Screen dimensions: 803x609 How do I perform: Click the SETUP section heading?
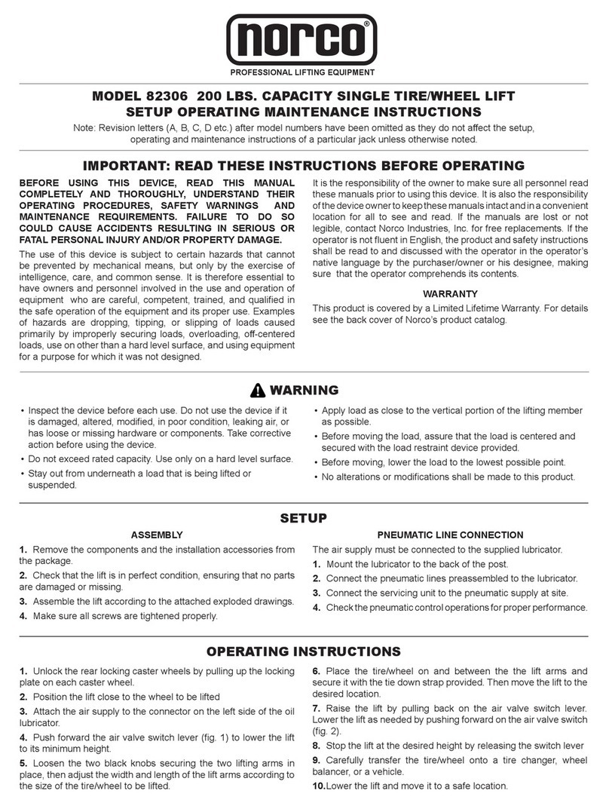[x=304, y=518]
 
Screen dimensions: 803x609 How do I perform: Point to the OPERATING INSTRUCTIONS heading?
[x=304, y=651]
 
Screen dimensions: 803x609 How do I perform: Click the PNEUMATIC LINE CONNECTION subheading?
[x=450, y=535]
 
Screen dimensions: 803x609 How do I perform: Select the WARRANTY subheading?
[x=450, y=293]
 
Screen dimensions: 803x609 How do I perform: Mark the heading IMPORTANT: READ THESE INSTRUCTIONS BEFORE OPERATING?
[x=304, y=165]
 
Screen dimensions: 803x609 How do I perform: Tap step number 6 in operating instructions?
[x=317, y=670]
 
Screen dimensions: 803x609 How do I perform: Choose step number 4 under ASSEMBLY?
[x=23, y=615]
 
